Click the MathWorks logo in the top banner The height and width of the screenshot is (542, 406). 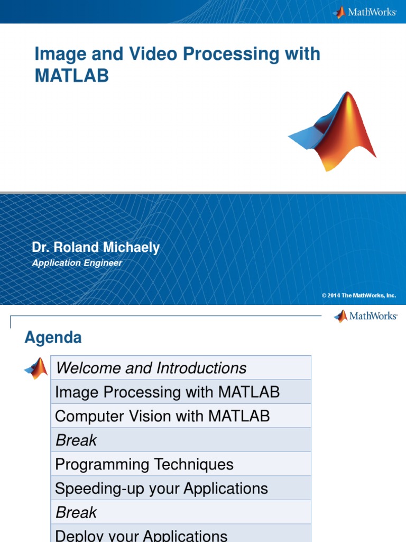365,12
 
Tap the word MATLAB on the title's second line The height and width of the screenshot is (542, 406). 71,76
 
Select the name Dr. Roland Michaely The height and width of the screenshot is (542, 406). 96,248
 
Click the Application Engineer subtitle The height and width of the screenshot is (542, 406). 77,263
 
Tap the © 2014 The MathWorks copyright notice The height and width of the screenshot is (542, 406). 358,295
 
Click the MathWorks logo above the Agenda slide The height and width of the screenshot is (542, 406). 365,316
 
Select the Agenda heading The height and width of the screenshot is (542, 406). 53,338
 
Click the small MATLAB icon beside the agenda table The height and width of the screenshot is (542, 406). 36,368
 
